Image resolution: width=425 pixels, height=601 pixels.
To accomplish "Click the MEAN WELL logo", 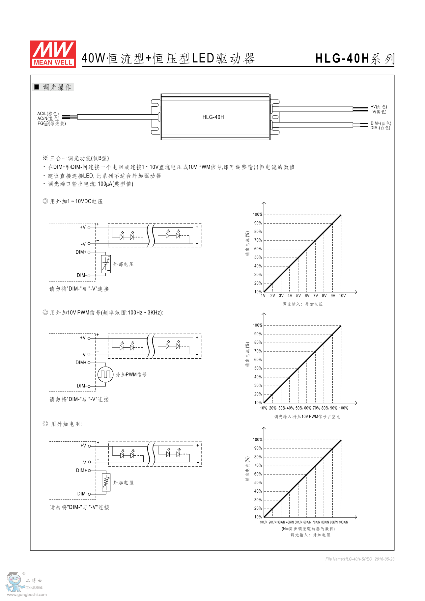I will coord(53,54).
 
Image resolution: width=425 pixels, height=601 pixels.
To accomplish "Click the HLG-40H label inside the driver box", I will coord(213,117).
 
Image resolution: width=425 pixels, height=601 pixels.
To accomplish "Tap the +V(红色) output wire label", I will coord(379,107).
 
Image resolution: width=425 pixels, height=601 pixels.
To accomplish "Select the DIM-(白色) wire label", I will coord(380,128).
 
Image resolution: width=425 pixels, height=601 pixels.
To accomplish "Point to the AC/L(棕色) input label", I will coord(48,113).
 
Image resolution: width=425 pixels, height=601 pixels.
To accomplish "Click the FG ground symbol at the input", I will coord(46,123).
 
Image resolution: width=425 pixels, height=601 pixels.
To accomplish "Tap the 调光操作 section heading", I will coord(57,87).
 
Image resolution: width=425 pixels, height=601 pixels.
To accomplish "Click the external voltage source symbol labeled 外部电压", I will coord(106,264).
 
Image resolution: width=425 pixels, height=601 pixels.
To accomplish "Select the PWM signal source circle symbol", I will coord(105,374).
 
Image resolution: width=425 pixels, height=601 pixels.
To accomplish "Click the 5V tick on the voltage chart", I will coord(298,296).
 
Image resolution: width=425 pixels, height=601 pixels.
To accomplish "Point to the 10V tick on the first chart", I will coord(342,296).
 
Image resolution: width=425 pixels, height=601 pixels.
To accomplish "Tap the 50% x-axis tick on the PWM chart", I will coord(299,408).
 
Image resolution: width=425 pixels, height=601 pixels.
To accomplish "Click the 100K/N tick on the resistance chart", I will coord(343,522).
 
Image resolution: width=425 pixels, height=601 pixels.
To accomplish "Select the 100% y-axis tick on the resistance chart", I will coord(258,439).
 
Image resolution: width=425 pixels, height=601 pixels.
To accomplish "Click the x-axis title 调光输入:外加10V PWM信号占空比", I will coord(307,417).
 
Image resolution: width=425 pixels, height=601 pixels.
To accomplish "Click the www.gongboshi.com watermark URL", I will coord(27,594).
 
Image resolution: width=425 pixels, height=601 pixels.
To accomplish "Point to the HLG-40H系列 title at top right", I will coord(354,59).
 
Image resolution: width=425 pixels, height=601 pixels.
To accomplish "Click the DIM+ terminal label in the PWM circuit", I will coord(81,363).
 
